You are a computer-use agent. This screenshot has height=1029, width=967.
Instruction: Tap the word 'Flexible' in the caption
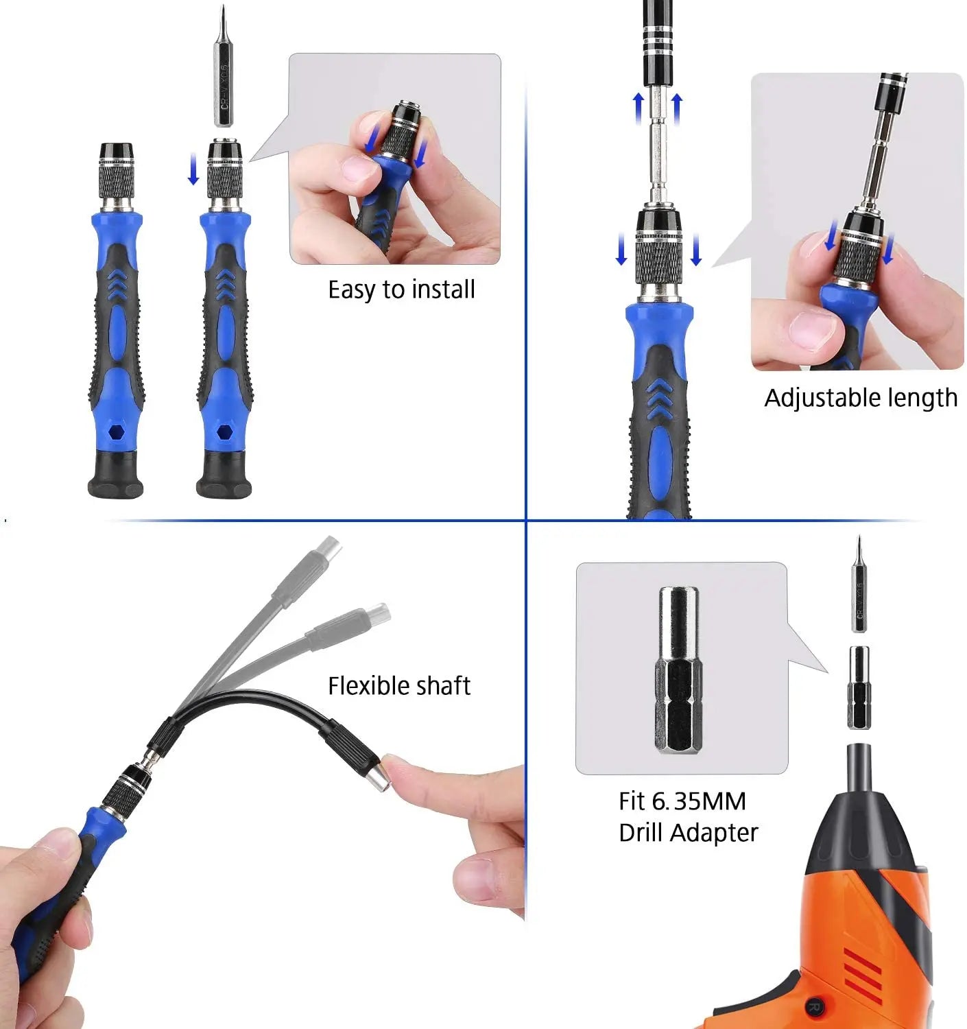point(366,686)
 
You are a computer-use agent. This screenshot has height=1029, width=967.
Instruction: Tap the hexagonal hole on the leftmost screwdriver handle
point(115,433)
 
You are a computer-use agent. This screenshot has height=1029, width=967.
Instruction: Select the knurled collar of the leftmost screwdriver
point(116,180)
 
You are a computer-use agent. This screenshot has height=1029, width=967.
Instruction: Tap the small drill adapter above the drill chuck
point(859,687)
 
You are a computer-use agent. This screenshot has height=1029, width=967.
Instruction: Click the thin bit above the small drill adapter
point(859,590)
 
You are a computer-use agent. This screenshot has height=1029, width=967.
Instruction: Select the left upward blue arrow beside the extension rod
point(638,108)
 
